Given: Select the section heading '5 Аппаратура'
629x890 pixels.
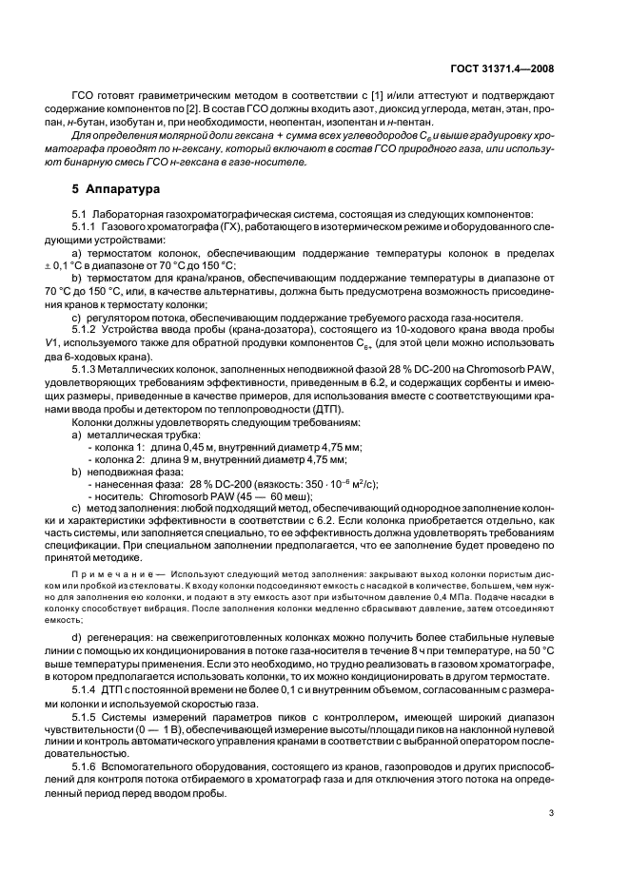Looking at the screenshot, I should click(x=102, y=188).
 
